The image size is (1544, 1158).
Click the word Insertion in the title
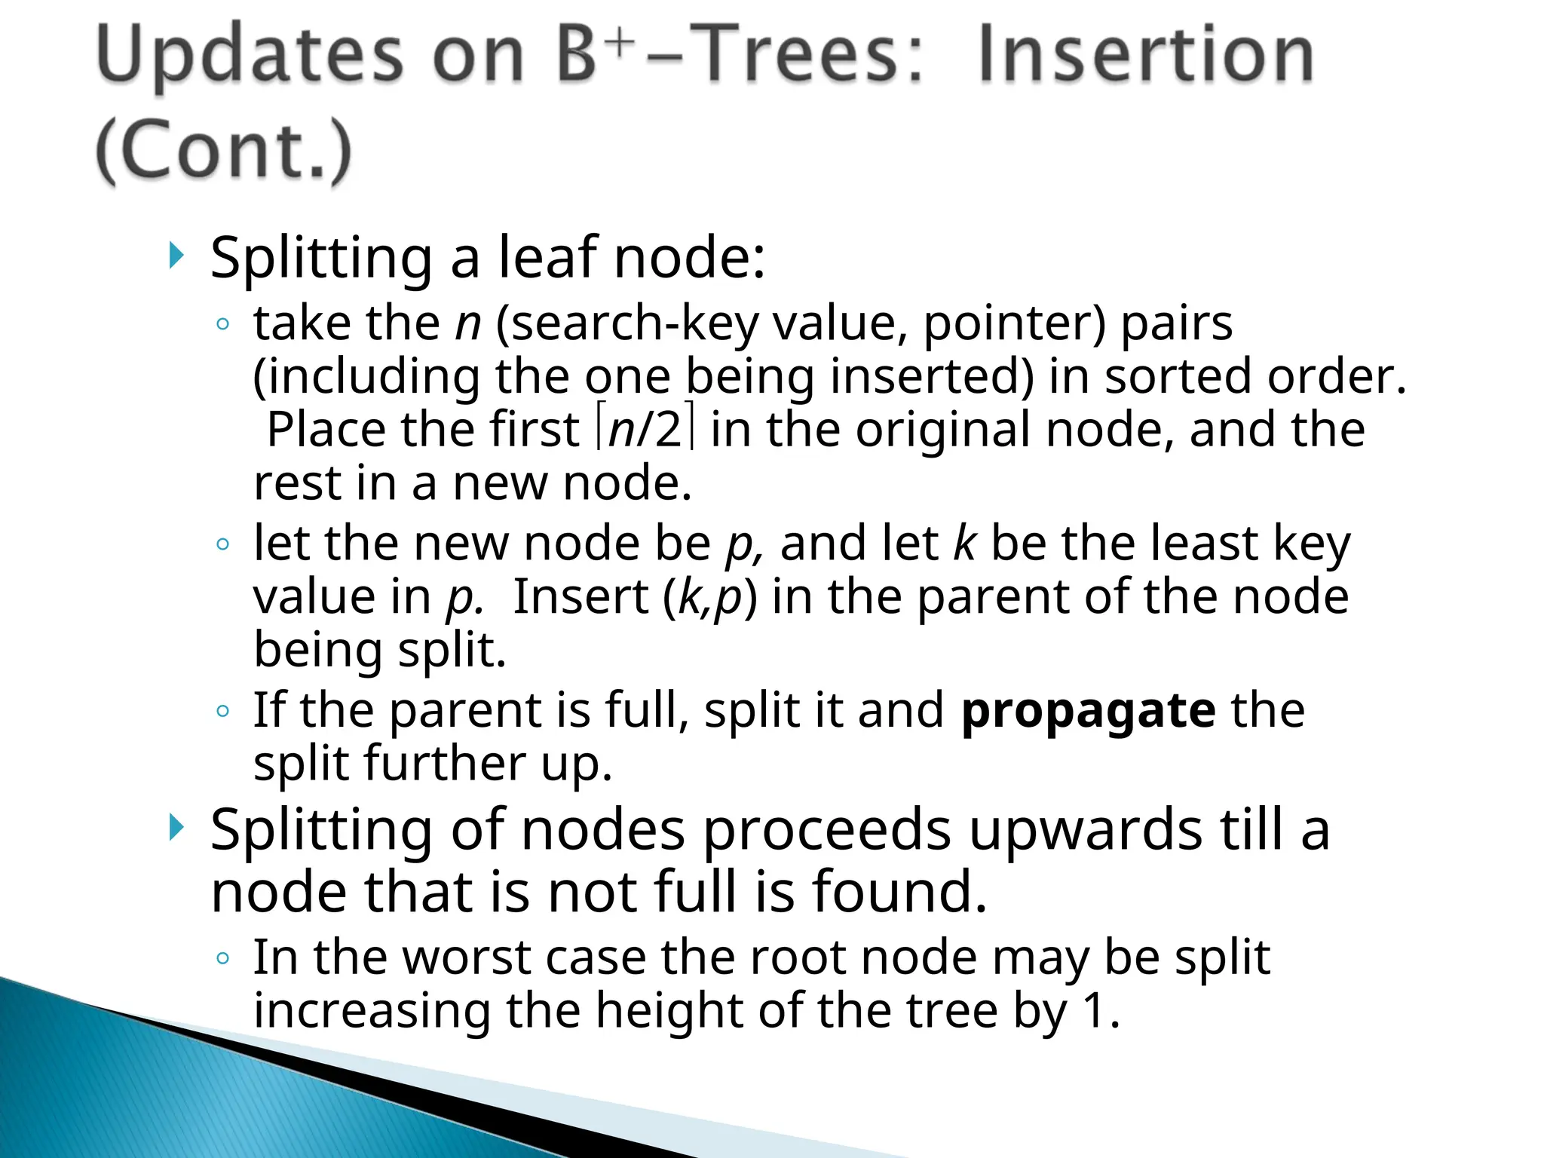1146,54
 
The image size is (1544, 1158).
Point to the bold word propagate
1088,711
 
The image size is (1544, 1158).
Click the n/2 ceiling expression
645,430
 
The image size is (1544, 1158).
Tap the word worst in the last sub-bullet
467,957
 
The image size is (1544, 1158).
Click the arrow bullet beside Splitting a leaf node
176,256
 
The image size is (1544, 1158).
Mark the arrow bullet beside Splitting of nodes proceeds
176,829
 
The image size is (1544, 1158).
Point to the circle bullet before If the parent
222,711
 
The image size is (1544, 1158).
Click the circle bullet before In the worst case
222,958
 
